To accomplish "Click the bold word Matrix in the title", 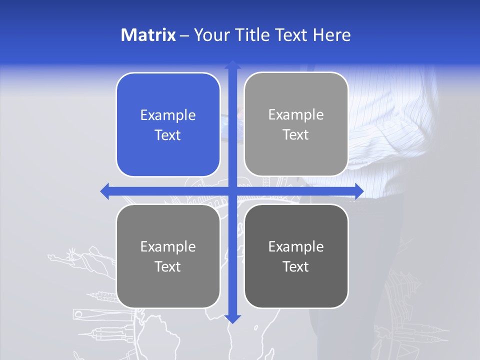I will (148, 35).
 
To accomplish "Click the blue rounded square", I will (168, 124).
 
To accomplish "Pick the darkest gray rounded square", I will (296, 256).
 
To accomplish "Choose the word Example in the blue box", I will (168, 115).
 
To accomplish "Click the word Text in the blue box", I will (168, 135).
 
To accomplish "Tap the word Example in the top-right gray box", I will (296, 114).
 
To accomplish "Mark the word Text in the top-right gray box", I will (296, 134).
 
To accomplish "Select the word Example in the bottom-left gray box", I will (168, 246).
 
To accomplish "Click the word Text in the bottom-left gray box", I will (168, 266).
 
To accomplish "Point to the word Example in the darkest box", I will (296, 246).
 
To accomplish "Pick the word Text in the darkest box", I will (296, 266).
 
